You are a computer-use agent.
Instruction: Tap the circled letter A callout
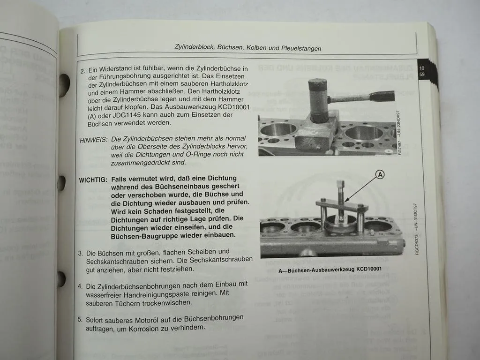pos(380,174)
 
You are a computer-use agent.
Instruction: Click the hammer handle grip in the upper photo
pos(381,97)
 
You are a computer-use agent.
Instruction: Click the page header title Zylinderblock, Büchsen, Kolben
pos(247,48)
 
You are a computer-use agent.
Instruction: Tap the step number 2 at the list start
pos(82,71)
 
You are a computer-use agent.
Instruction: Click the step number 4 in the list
pos(81,286)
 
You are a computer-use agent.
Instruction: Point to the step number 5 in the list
pos(81,320)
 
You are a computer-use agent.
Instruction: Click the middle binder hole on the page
pos(61,183)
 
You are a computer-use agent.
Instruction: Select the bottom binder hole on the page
pos(60,279)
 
